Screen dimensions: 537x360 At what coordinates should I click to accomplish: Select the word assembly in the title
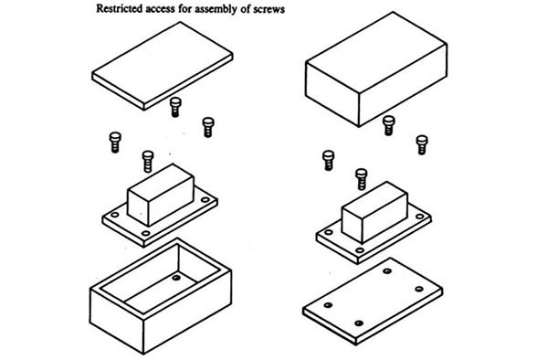tap(214, 9)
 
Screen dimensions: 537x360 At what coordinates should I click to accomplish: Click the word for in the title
tap(184, 8)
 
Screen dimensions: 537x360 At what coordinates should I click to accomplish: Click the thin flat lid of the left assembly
tap(163, 66)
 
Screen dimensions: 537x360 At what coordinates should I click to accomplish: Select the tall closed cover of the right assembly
tap(376, 69)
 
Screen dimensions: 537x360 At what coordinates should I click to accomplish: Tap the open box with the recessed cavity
tap(161, 296)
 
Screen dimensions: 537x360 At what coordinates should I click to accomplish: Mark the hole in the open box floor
tap(176, 278)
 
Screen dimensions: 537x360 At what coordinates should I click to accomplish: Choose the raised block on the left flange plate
tap(161, 195)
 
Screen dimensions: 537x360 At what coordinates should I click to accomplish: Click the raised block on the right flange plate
tap(374, 212)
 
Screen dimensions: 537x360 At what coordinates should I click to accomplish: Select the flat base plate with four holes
tap(373, 302)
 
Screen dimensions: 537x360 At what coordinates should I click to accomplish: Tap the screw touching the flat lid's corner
tap(175, 107)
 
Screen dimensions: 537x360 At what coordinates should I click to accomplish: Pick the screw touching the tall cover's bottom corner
tap(389, 125)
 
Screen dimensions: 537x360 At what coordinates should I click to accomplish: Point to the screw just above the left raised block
tap(148, 162)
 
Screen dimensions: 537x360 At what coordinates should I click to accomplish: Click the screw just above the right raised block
tap(362, 179)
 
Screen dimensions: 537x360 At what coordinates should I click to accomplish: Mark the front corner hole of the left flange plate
tap(146, 233)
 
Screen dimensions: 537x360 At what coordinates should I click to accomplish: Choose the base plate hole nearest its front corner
tap(359, 323)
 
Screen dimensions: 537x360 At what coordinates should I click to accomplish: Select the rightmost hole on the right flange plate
tap(419, 217)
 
